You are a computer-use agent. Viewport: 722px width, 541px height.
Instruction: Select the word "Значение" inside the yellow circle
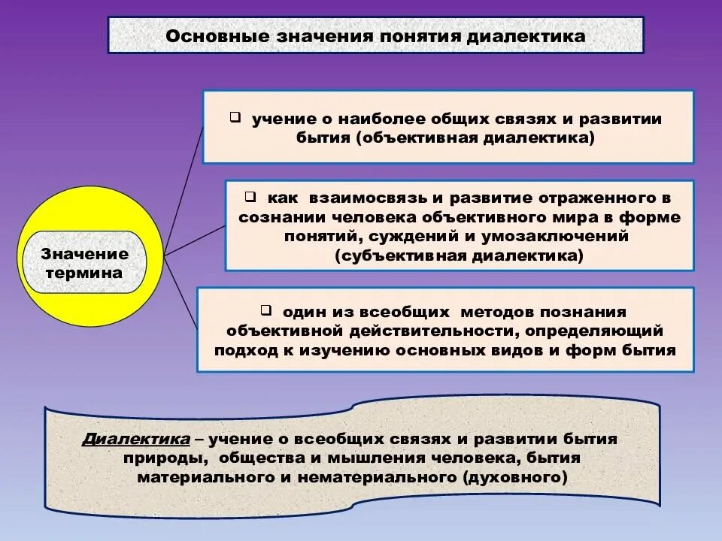[84, 254]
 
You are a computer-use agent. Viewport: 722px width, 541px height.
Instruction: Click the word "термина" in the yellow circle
[84, 273]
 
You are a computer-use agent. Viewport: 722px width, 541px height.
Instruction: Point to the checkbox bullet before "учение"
[235, 117]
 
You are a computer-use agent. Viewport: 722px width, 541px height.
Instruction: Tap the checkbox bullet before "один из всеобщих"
[266, 310]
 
